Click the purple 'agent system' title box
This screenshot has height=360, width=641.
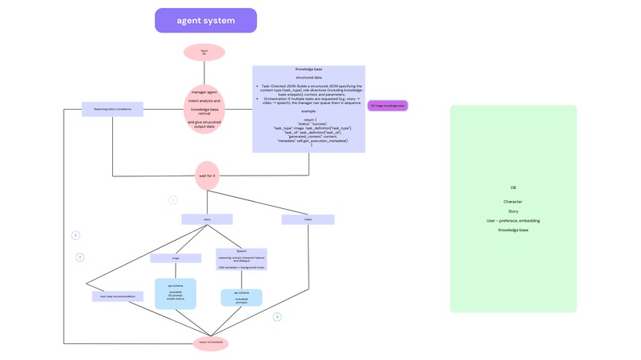(x=205, y=21)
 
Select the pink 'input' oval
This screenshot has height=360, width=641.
(x=204, y=52)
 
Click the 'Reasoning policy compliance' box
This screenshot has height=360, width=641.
(x=112, y=109)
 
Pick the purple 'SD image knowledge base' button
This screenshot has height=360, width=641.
(x=387, y=106)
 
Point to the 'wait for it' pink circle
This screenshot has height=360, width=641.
(x=207, y=176)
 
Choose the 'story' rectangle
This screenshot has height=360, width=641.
(x=207, y=219)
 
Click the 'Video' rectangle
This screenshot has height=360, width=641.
(x=308, y=219)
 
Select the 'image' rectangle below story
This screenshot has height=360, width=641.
(x=176, y=258)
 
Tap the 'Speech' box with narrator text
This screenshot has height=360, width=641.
(x=242, y=259)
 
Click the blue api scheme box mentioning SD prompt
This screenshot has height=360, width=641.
(x=175, y=293)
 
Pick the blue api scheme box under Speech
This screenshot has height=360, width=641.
(x=241, y=297)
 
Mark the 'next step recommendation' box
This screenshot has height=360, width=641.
(x=118, y=296)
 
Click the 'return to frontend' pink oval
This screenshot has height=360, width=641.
(x=211, y=343)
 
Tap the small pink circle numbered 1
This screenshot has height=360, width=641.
(x=173, y=200)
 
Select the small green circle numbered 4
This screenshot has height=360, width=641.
(x=277, y=317)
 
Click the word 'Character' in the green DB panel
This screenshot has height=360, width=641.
(x=513, y=202)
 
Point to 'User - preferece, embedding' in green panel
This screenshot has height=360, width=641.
(x=513, y=221)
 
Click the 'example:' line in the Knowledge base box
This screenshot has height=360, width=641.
(x=309, y=111)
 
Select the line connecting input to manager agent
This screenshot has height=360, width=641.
(x=204, y=72)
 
